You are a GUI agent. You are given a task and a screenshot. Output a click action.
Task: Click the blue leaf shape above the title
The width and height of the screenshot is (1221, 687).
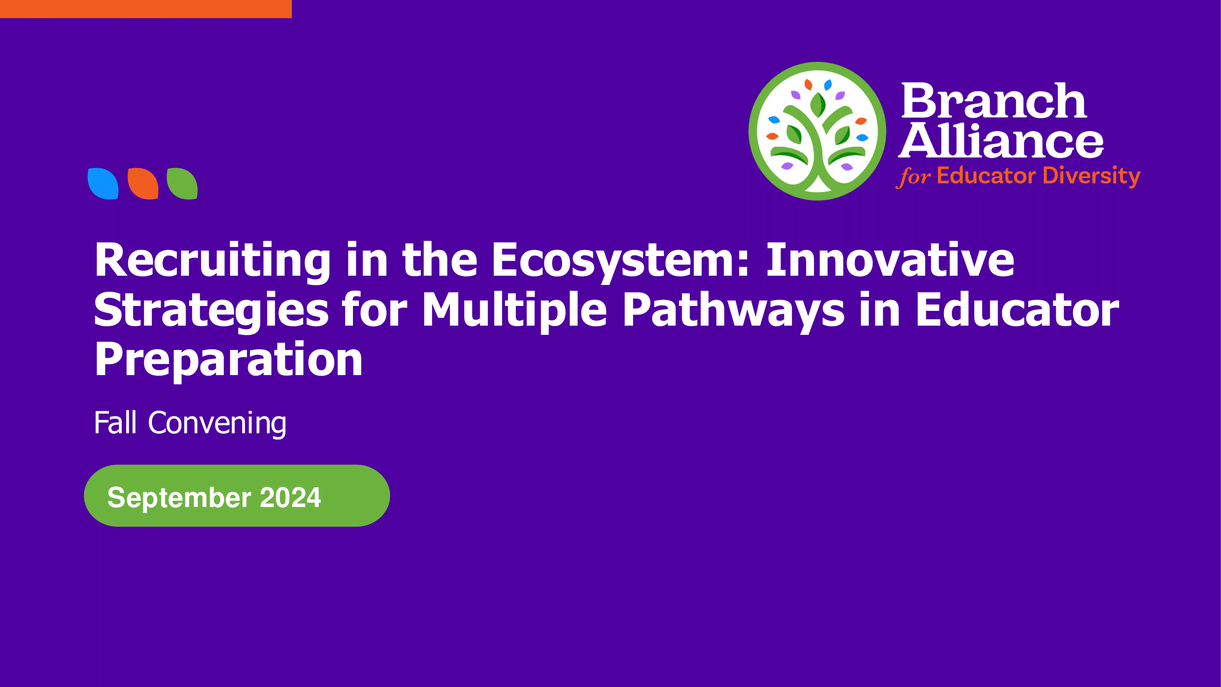click(103, 184)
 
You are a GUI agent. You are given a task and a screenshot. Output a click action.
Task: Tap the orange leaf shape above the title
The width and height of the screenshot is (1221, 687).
click(143, 184)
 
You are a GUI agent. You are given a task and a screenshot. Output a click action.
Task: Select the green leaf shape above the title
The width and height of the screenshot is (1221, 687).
click(182, 184)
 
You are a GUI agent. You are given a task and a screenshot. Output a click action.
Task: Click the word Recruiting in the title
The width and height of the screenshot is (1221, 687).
click(212, 261)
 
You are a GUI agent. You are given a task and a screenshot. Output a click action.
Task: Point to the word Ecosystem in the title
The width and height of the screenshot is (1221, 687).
click(620, 261)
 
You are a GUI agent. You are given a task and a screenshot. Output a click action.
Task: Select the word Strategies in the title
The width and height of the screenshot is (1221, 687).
click(211, 311)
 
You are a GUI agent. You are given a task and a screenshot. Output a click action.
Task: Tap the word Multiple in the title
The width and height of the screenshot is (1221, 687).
click(514, 311)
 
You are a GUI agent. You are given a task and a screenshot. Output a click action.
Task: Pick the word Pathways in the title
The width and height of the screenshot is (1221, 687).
click(733, 311)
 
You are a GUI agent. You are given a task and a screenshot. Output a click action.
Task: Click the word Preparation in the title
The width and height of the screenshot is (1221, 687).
click(228, 360)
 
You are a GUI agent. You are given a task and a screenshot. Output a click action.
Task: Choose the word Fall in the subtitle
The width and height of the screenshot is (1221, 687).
click(116, 422)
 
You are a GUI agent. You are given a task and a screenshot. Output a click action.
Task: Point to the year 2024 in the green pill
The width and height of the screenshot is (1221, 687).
click(291, 497)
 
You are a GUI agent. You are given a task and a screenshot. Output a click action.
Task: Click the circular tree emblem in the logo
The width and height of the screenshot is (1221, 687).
click(817, 131)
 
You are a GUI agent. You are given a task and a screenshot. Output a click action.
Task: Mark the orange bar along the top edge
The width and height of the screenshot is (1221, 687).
click(146, 9)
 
